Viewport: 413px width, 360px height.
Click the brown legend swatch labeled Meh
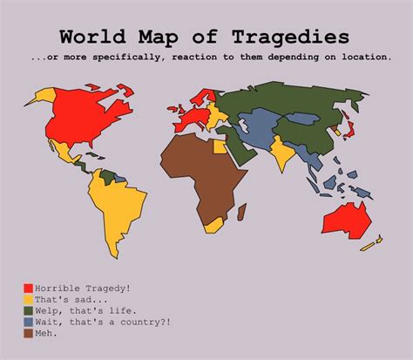pos(29,333)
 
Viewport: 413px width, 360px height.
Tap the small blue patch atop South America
pos(108,176)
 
